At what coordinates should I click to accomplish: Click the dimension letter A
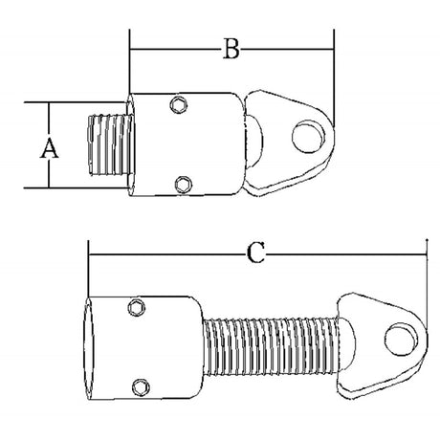tap(50, 148)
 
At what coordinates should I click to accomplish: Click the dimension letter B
tap(231, 49)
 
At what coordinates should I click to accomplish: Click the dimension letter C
tap(255, 253)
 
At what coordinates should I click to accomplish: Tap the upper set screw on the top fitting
tap(178, 104)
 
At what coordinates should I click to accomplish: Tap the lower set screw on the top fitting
tap(184, 185)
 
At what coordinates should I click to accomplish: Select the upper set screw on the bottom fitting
tap(137, 308)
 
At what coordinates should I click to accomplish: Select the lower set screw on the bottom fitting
tap(141, 387)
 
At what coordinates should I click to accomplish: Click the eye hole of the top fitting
tap(309, 137)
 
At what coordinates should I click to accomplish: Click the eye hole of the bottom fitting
tap(402, 340)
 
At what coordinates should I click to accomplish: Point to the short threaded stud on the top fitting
tap(110, 145)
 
